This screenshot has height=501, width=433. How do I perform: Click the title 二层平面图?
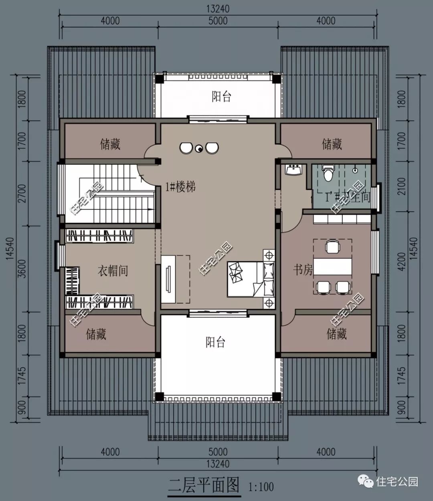pos(204,485)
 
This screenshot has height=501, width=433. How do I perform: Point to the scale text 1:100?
pos(261,487)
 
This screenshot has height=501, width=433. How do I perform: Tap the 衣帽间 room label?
pos(113,271)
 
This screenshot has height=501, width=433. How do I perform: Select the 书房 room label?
pos(303,270)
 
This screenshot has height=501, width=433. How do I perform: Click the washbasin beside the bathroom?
pos(294,170)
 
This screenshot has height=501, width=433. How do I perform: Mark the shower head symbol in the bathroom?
pos(355,170)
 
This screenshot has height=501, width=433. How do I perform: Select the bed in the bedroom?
pos(245,279)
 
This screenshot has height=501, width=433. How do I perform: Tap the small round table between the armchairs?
pos(198,149)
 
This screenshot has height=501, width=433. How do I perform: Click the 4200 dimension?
pos(402,261)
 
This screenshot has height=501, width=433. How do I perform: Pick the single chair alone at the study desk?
pos(332,247)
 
